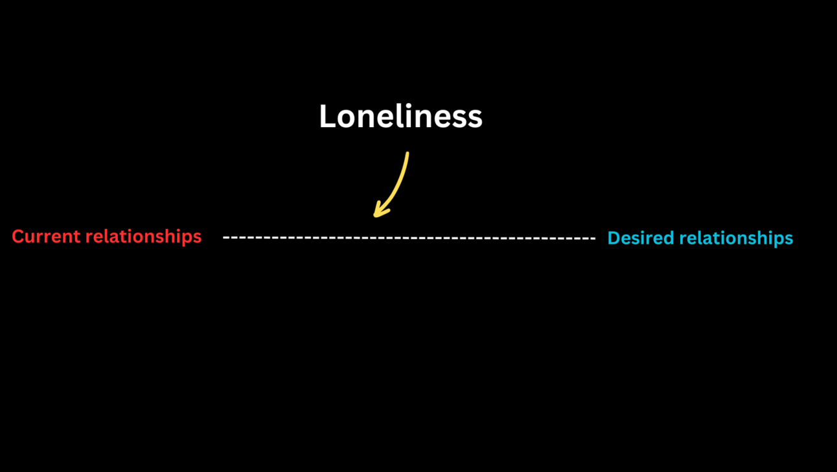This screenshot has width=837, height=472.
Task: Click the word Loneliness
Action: pyautogui.click(x=400, y=117)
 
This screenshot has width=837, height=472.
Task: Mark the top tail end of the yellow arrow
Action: pyautogui.click(x=407, y=154)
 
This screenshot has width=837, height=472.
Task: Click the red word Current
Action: pyautogui.click(x=46, y=237)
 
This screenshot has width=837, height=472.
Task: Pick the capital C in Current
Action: pyautogui.click(x=17, y=237)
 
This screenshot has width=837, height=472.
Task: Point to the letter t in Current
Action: pyautogui.click(x=77, y=237)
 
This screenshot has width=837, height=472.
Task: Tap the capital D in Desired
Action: pyautogui.click(x=613, y=238)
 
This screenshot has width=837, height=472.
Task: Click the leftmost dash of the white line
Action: pyautogui.click(x=226, y=238)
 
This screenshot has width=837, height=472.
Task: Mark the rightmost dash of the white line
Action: pyautogui.click(x=592, y=239)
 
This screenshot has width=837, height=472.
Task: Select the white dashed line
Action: pyautogui.click(x=408, y=238)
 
